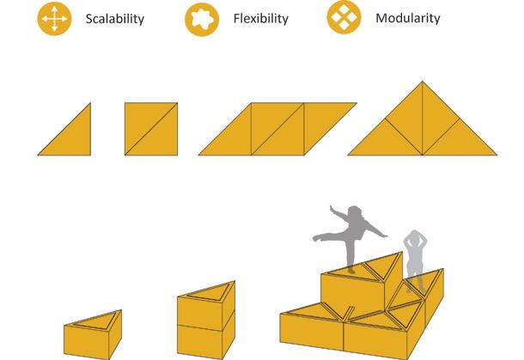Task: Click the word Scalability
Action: [x=115, y=18]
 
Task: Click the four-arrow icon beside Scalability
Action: [x=54, y=18]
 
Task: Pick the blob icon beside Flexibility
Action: [x=203, y=18]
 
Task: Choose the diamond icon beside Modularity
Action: [x=345, y=18]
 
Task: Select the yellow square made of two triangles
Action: [x=150, y=129]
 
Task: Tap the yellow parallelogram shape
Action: [x=277, y=129]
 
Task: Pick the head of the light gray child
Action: [x=417, y=236]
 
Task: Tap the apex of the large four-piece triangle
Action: [x=423, y=83]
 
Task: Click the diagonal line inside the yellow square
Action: [x=150, y=129]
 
